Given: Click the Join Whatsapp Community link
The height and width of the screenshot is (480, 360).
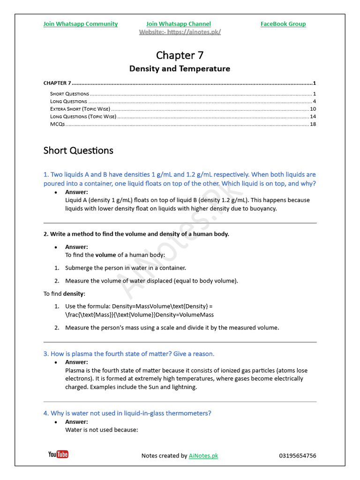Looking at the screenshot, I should point(81,24).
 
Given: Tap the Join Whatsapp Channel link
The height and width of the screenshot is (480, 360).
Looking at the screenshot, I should point(178,24).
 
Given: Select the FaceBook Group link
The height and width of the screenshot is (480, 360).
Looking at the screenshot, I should point(283,24).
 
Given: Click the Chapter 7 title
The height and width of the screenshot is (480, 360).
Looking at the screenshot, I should point(180,55).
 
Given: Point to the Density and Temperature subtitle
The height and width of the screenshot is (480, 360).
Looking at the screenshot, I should point(180,68).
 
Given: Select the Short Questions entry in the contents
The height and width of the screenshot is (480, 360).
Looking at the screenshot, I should point(69,94).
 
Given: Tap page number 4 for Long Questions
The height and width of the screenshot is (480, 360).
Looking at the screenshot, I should point(314,101).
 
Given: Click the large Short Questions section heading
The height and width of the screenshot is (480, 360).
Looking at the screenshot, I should point(78,150).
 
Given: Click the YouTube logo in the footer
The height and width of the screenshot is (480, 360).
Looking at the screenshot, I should point(58,454).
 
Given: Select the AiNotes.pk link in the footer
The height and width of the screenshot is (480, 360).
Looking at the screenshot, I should point(203,456).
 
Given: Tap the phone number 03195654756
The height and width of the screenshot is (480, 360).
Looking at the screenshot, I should point(297,456).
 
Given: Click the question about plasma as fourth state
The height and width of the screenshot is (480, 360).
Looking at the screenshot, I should point(129,353).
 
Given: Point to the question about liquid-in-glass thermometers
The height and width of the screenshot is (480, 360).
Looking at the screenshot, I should point(127,413).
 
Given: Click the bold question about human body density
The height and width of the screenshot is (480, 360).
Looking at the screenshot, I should point(136,234).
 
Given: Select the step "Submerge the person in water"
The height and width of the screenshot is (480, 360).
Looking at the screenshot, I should point(125,268).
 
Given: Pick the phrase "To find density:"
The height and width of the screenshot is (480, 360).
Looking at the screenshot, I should point(65,293).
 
